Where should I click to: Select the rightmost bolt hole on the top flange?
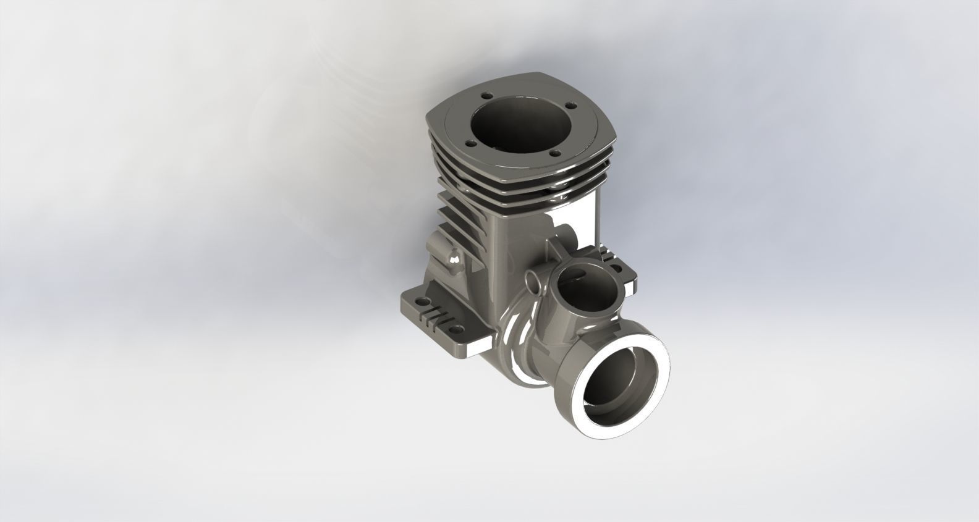554,153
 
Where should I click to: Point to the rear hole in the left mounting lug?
422,301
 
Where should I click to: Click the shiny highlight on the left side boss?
454,263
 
